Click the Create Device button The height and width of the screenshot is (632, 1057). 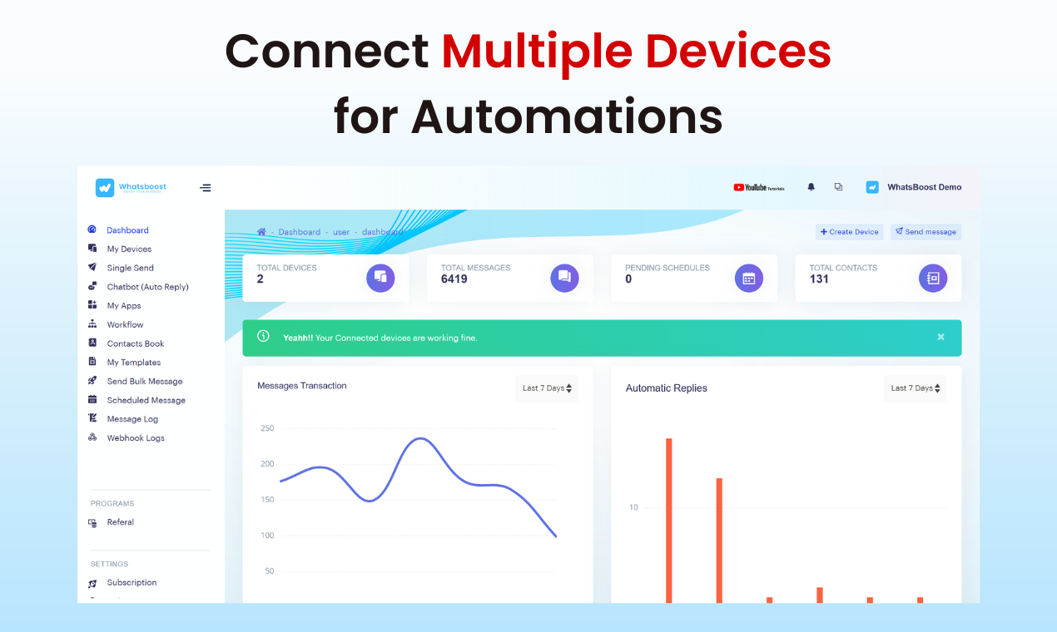(x=849, y=232)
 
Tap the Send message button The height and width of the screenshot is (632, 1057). (x=925, y=232)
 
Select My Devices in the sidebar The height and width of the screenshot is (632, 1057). (x=129, y=249)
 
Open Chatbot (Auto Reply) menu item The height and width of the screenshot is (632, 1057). (x=147, y=287)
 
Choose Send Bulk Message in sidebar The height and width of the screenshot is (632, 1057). (x=144, y=382)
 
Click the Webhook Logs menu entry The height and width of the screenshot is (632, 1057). (x=135, y=438)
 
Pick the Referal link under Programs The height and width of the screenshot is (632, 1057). (x=120, y=522)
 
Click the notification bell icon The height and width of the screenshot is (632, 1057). (x=811, y=187)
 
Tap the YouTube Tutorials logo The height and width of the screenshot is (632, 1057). (x=758, y=187)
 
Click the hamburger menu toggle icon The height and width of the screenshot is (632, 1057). (x=206, y=188)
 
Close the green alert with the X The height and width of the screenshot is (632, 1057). (x=940, y=338)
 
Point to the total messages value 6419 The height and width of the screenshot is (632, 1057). (x=454, y=279)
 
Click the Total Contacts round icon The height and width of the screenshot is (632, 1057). (x=932, y=278)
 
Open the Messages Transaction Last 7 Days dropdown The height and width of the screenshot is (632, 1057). (x=546, y=388)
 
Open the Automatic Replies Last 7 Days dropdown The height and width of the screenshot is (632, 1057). (x=915, y=388)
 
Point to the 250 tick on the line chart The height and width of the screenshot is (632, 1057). (x=267, y=428)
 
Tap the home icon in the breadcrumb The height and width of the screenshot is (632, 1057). (x=261, y=232)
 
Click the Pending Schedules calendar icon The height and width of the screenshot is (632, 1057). (x=748, y=278)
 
